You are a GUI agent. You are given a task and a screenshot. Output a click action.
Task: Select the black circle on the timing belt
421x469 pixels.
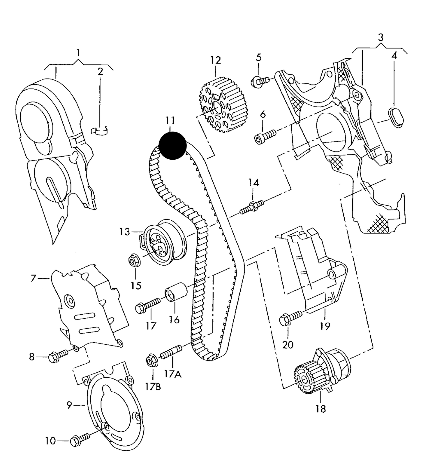pyautogui.click(x=172, y=146)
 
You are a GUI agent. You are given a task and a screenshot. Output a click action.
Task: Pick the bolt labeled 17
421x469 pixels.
pyautogui.click(x=147, y=306)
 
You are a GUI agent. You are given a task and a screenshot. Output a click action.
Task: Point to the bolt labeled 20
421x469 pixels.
pyautogui.click(x=290, y=318)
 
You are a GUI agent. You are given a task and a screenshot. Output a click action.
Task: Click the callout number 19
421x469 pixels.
pyautogui.click(x=325, y=326)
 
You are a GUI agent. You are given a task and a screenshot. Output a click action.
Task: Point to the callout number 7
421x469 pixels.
pyautogui.click(x=33, y=278)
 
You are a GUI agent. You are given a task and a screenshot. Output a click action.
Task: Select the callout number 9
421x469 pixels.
pyautogui.click(x=69, y=405)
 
